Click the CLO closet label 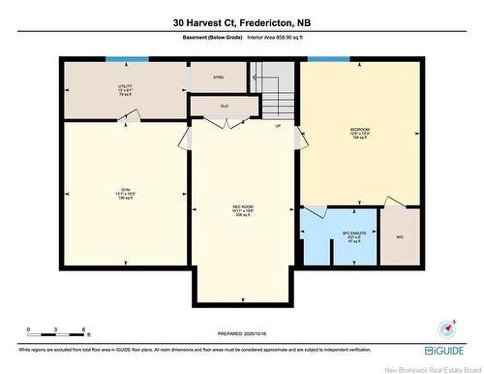224,106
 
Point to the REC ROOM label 242,208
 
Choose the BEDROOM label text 359,132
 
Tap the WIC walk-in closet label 400,234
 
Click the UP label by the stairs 278,126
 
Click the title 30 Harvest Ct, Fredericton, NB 242,22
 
